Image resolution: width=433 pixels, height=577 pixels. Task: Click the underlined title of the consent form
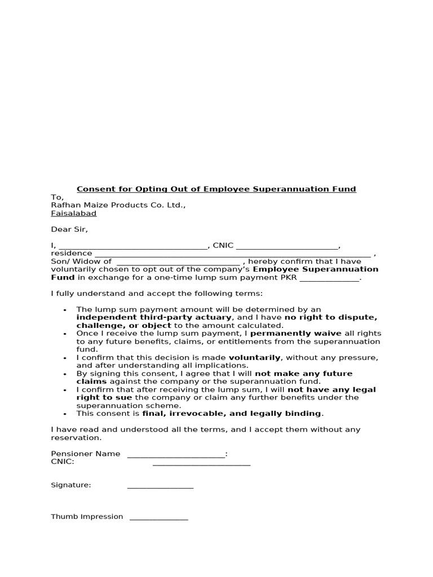(x=216, y=189)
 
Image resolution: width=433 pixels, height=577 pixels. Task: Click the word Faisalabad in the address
(x=74, y=214)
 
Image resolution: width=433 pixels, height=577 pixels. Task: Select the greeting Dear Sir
(x=70, y=229)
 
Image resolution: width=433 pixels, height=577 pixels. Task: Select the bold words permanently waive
(x=295, y=334)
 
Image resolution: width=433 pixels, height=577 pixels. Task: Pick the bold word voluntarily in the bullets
(x=254, y=357)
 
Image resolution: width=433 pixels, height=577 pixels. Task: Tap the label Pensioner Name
(x=86, y=454)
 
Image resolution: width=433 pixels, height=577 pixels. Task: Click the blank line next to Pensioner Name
(x=176, y=455)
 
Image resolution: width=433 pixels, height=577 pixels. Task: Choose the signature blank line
(x=160, y=487)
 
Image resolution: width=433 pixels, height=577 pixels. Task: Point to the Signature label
(x=71, y=485)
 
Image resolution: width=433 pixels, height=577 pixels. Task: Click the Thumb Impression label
(x=87, y=516)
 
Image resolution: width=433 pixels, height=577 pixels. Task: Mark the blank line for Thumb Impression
(x=158, y=518)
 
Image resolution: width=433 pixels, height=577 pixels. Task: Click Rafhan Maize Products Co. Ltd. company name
(x=118, y=205)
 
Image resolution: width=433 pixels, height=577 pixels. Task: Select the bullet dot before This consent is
(x=65, y=414)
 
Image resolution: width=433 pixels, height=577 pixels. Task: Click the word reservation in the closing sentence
(x=76, y=437)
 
